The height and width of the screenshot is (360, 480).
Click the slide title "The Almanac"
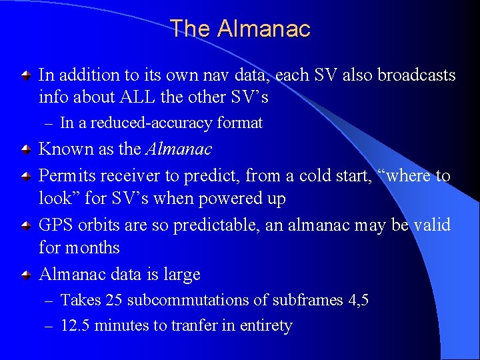pos(240,29)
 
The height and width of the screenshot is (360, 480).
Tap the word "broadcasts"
pos(417,75)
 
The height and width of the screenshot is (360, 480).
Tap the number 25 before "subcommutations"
pos(113,301)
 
